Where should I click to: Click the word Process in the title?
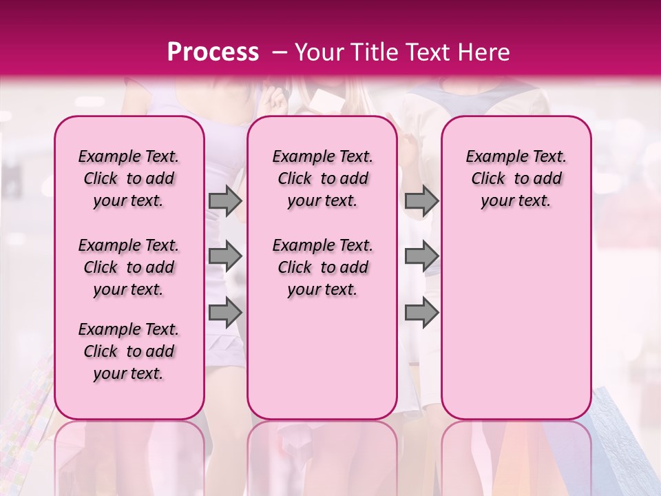tap(213, 52)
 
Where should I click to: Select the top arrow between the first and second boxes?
tap(225, 200)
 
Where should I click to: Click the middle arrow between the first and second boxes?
tap(225, 256)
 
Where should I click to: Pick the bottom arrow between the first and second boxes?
tap(225, 312)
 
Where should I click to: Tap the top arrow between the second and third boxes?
tap(421, 200)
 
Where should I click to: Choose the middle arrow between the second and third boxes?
tap(421, 256)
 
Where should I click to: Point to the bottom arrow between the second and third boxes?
tap(421, 312)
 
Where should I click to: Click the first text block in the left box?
tap(129, 178)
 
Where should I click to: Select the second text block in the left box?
tap(129, 267)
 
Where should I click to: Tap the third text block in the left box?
tap(129, 351)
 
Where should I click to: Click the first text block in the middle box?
tap(322, 178)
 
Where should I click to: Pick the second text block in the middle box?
tap(322, 267)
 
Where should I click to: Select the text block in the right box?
tap(516, 178)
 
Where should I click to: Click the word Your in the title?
tap(320, 52)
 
